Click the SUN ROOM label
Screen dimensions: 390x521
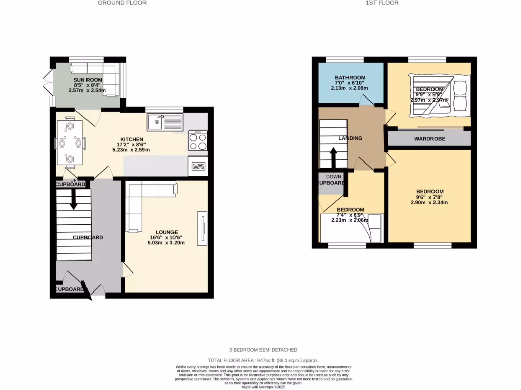[x=88, y=80]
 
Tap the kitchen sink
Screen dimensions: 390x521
[x=164, y=121]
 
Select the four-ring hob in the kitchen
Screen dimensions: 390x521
[x=198, y=141]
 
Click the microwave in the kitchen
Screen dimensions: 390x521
[x=198, y=166]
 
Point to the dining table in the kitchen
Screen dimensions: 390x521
[x=70, y=143]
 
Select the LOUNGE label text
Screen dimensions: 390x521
[x=166, y=232]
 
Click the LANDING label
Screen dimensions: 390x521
[x=350, y=138]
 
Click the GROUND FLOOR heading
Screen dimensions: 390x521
[x=122, y=3]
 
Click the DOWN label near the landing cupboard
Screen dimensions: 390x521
[x=334, y=177]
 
